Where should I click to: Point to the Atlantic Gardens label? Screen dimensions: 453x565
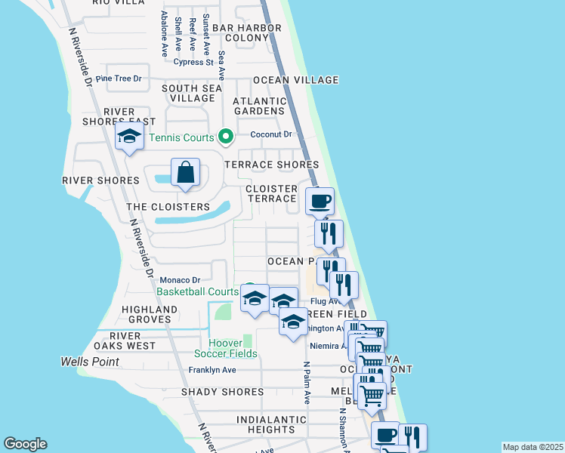click(x=258, y=106)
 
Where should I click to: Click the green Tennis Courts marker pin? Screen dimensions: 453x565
click(x=225, y=137)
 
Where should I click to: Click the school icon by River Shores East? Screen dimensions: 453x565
click(x=129, y=137)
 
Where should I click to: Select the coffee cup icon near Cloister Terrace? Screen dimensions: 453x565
click(x=320, y=202)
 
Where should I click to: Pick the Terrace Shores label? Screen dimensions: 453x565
click(x=272, y=165)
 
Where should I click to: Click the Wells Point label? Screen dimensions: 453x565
click(x=90, y=362)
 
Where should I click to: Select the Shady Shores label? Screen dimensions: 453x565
click(x=223, y=392)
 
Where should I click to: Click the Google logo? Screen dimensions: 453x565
click(x=25, y=444)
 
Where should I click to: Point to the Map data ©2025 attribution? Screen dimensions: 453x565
click(x=533, y=446)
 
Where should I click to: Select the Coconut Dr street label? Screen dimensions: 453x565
click(x=270, y=134)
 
